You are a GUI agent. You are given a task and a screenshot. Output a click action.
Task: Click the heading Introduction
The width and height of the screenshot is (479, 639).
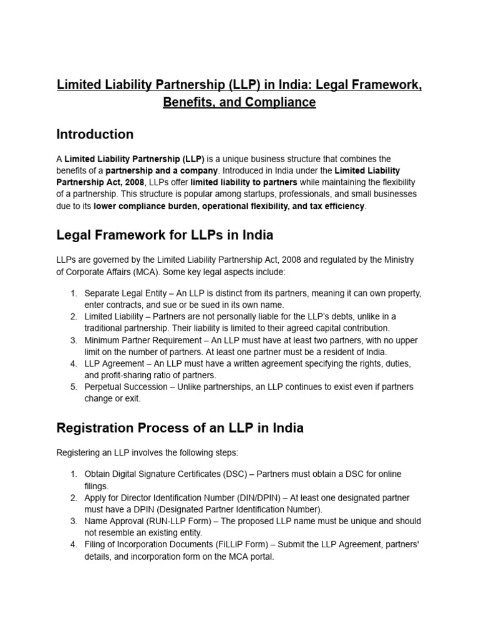pyautogui.click(x=95, y=134)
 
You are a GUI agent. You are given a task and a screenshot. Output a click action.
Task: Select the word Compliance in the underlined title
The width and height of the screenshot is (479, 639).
pyautogui.click(x=281, y=102)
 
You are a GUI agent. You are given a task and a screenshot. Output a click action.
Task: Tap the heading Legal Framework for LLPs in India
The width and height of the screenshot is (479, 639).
pyautogui.click(x=165, y=235)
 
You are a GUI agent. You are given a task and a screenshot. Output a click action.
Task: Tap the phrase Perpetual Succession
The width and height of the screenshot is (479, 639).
pyautogui.click(x=127, y=387)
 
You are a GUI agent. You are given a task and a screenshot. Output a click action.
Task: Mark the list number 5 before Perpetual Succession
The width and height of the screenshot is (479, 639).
pyautogui.click(x=73, y=387)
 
